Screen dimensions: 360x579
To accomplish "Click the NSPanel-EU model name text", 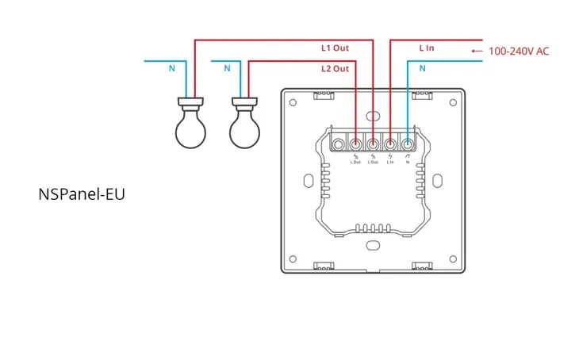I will click(82, 193).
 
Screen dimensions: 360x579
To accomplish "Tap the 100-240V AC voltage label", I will click(519, 51).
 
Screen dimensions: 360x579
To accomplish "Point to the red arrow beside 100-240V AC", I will click(476, 51).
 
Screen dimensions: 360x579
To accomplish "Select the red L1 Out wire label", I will click(334, 48).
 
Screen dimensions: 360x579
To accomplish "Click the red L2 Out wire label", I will click(334, 69).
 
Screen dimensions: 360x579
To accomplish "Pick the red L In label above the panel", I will click(427, 48).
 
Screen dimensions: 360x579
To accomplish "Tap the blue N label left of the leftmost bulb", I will click(171, 69).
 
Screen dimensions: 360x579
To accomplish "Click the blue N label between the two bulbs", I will click(227, 69).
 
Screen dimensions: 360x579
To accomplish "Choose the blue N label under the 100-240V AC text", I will click(422, 69).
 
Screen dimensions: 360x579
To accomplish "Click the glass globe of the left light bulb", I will click(190, 130).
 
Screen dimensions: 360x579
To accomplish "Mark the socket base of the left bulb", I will click(190, 103).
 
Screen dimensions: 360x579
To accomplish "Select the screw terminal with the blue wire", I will click(407, 144).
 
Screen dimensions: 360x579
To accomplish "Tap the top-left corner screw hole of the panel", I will click(293, 101).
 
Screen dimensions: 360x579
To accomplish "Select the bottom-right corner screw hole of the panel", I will click(453, 259).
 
